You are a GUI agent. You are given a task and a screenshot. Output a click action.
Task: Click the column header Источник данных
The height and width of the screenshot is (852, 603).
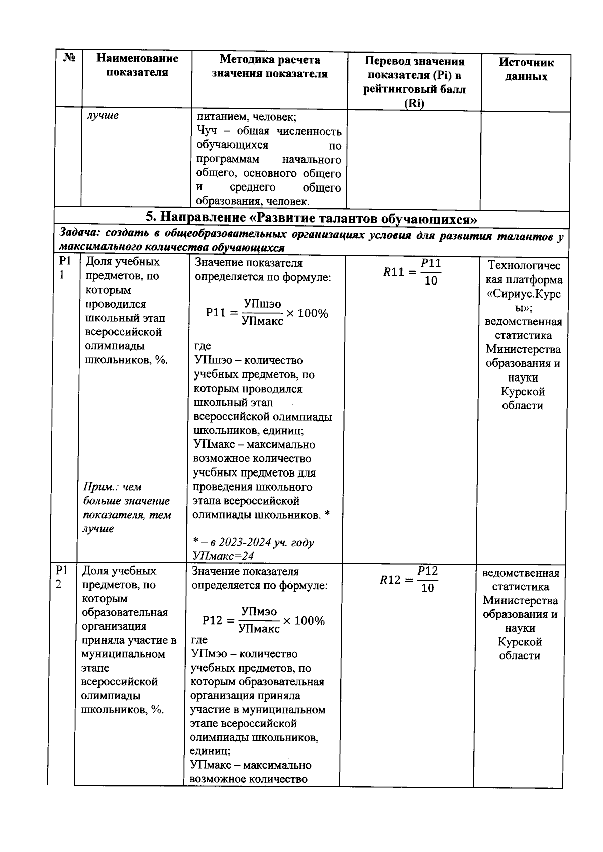pyautogui.click(x=526, y=69)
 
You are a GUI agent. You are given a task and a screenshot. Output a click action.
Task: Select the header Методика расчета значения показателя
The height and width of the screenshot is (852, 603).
pyautogui.click(x=269, y=67)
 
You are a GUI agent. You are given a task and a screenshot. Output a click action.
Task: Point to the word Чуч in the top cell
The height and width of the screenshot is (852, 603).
pyautogui.click(x=207, y=131)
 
